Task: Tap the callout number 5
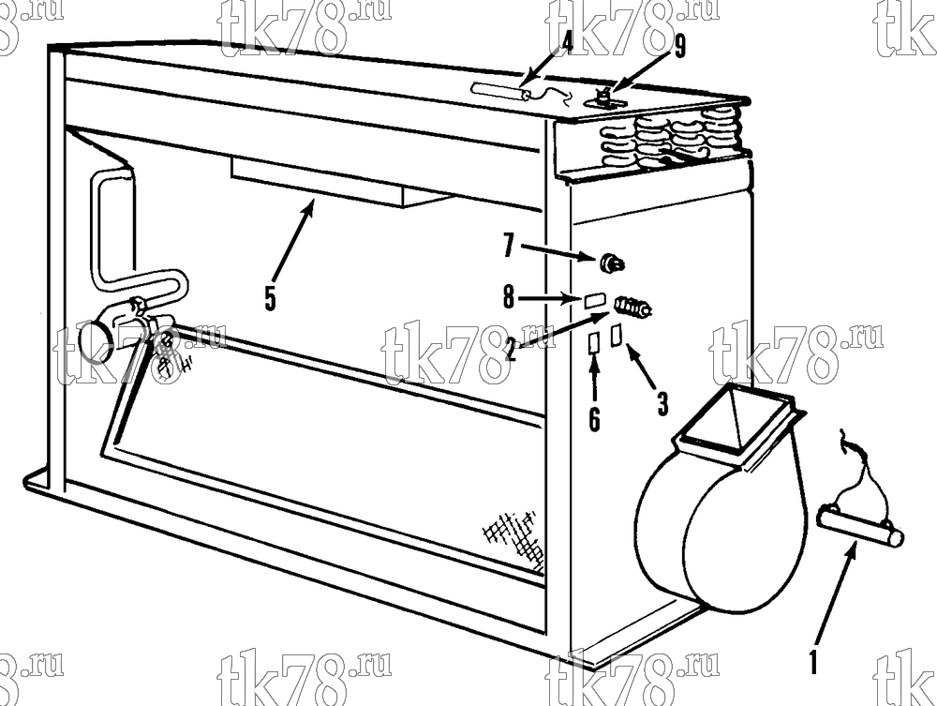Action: pyautogui.click(x=271, y=298)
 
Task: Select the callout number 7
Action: pyautogui.click(x=509, y=246)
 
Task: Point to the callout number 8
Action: pyautogui.click(x=509, y=296)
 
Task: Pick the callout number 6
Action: pyautogui.click(x=594, y=419)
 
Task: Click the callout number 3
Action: pyautogui.click(x=662, y=403)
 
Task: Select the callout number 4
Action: pyautogui.click(x=566, y=42)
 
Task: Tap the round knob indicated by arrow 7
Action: pyautogui.click(x=611, y=263)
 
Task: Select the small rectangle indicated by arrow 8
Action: pyautogui.click(x=595, y=300)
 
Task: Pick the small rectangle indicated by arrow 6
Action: pyautogui.click(x=594, y=343)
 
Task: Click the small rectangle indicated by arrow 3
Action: pyautogui.click(x=617, y=335)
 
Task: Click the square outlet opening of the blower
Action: pyautogui.click(x=736, y=423)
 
